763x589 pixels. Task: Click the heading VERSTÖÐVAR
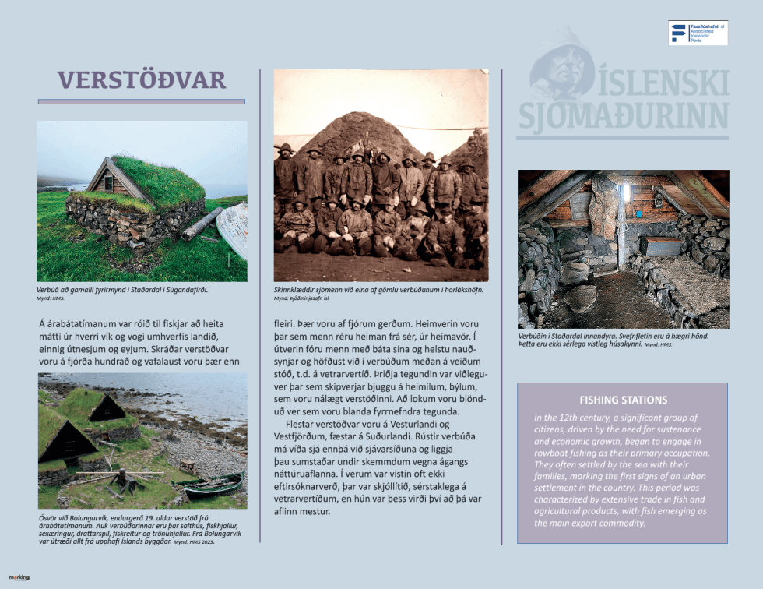pos(141,79)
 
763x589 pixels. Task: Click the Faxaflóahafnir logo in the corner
pos(697,33)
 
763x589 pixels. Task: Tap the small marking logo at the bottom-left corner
pos(19,577)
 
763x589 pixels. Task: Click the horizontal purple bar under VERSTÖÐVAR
pos(141,101)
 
